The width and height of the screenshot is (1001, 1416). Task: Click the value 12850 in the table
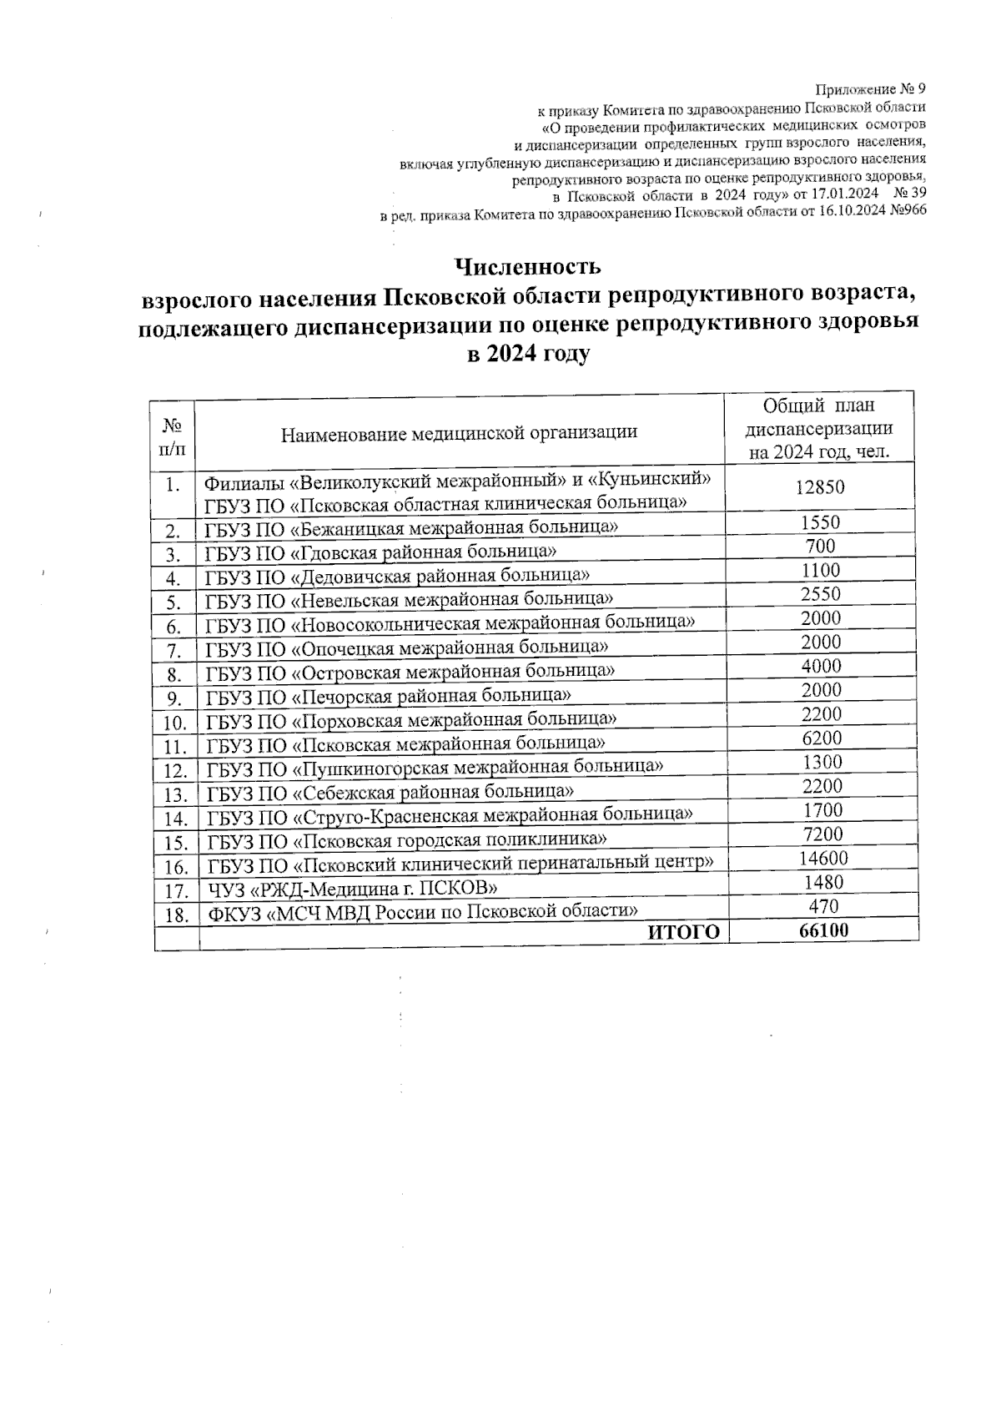point(821,487)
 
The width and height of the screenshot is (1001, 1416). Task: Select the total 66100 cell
point(822,930)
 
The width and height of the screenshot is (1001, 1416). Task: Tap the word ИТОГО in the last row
point(684,933)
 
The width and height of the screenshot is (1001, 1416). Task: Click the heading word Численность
point(527,267)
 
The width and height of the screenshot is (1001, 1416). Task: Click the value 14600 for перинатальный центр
point(822,859)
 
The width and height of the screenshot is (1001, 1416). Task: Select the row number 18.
point(176,915)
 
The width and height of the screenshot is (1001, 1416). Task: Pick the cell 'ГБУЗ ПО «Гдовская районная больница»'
point(380,552)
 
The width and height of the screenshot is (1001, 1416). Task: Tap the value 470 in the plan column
point(823,906)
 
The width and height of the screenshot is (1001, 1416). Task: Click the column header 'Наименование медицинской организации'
point(459,432)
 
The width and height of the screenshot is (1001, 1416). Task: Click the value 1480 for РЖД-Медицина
point(822,882)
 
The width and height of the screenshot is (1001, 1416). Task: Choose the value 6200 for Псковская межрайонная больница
point(822,738)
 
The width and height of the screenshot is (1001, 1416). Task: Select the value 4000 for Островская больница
point(822,666)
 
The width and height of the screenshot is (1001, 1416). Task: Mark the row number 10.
point(174,723)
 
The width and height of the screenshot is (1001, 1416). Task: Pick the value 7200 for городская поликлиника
point(822,834)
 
